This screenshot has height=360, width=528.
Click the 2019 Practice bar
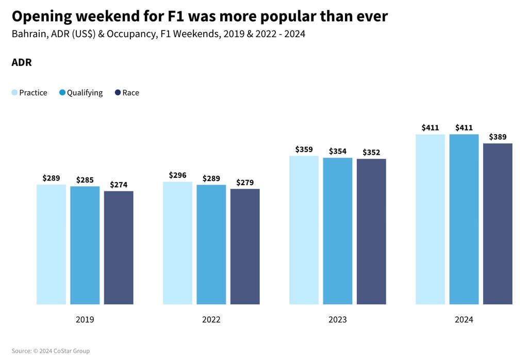coord(51,244)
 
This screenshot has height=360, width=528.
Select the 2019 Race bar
coord(119,248)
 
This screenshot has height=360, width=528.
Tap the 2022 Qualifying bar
coord(211,244)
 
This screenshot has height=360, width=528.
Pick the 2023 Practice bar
coord(304,230)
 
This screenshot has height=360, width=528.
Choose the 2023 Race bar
coord(371,232)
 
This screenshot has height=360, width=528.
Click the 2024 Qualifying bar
coord(464,219)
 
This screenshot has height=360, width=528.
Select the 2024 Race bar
coord(498,224)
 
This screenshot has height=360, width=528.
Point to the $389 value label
coord(498,137)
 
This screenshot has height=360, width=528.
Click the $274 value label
coord(119,185)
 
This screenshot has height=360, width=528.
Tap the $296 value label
coord(177,175)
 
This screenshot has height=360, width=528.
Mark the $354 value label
coord(338,151)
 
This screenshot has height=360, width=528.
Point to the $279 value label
coord(245,183)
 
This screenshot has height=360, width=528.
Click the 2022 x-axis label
coord(211,320)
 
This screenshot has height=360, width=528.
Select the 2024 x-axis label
coord(464,320)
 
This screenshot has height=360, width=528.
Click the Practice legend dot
coord(14,93)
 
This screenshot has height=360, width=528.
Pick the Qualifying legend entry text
coord(85,93)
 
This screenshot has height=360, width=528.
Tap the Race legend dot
coord(118,93)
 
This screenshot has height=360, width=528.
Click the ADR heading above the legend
coord(22,63)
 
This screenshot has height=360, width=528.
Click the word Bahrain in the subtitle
coord(28,35)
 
